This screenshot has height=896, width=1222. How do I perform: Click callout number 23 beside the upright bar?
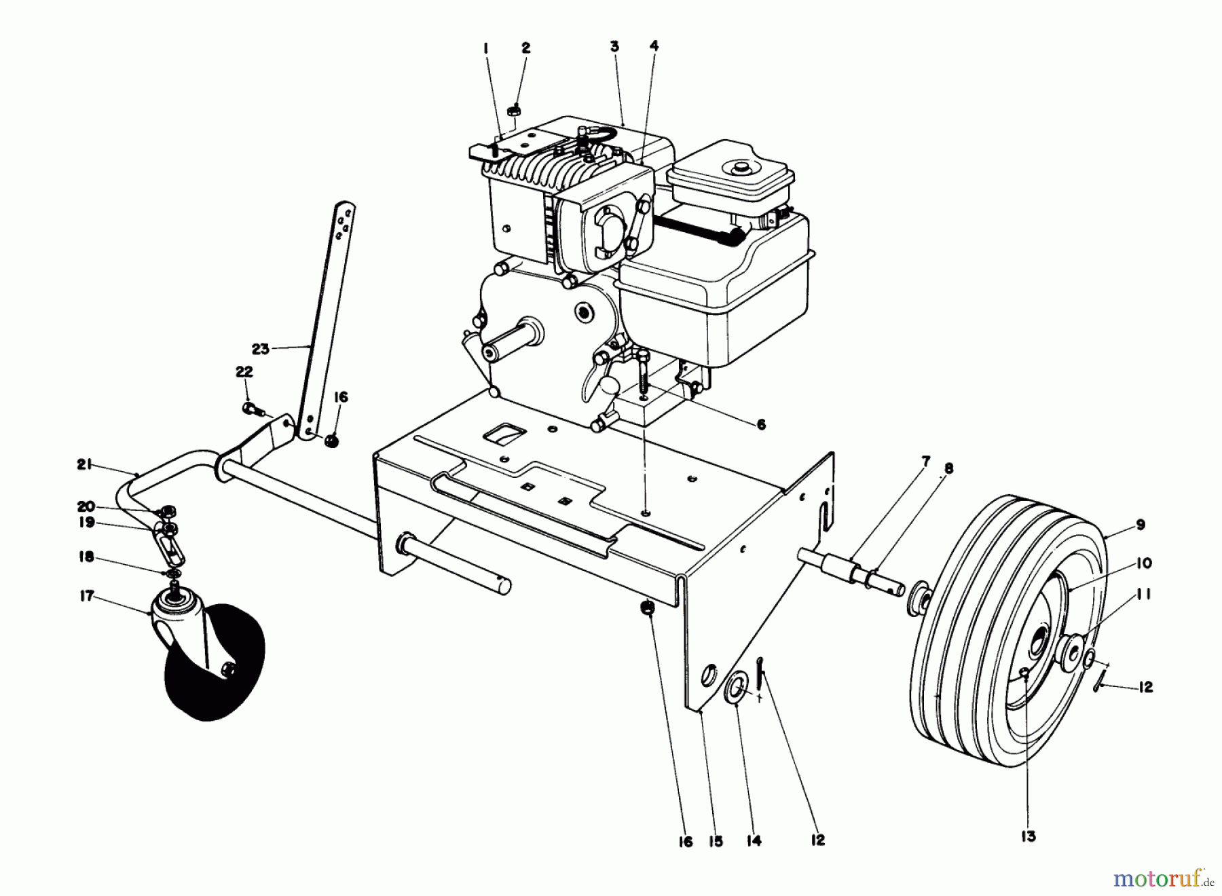(x=260, y=349)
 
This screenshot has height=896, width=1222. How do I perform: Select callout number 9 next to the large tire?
(x=1140, y=525)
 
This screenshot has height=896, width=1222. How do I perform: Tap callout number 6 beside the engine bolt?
(x=760, y=424)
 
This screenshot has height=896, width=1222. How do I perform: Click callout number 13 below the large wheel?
(x=1029, y=836)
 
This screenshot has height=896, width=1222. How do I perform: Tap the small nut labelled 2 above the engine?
(x=516, y=108)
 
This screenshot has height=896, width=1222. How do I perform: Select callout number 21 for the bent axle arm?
(x=84, y=465)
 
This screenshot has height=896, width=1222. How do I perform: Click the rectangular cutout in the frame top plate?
(x=507, y=432)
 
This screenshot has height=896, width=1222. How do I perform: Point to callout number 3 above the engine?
(x=614, y=47)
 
